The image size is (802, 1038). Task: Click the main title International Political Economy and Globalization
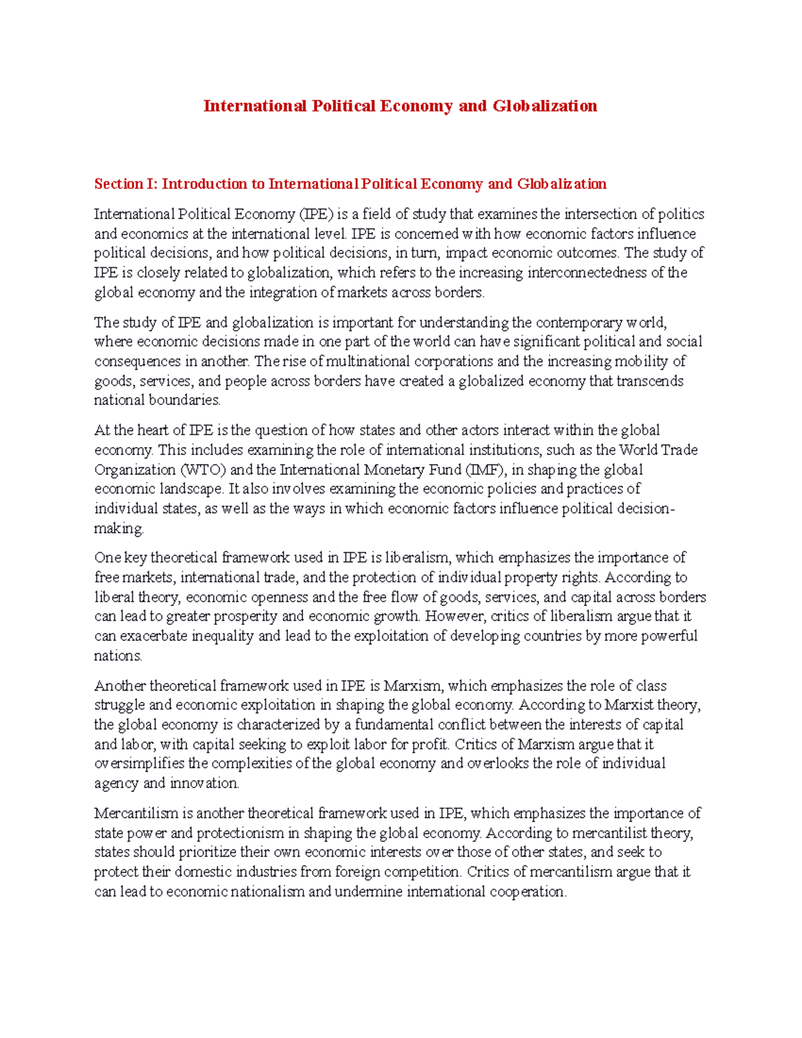(x=400, y=106)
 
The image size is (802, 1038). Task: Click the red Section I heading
(x=350, y=184)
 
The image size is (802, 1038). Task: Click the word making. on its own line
(x=119, y=529)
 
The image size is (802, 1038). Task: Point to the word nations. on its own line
(x=118, y=656)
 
